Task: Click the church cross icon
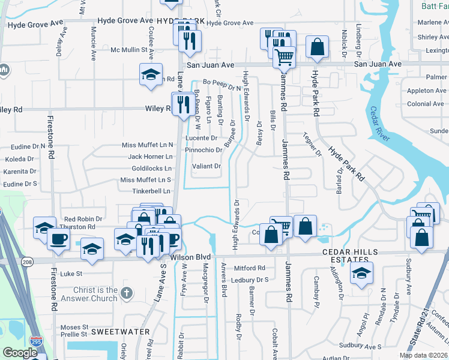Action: tap(126, 293)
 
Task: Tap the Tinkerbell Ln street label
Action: tap(152, 191)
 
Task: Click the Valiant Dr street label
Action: tap(207, 166)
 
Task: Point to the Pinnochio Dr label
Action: tap(204, 150)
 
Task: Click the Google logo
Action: tap(20, 352)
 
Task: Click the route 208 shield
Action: tap(29, 262)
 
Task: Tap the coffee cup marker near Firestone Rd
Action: tap(59, 238)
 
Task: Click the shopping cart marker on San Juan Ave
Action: tap(284, 58)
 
